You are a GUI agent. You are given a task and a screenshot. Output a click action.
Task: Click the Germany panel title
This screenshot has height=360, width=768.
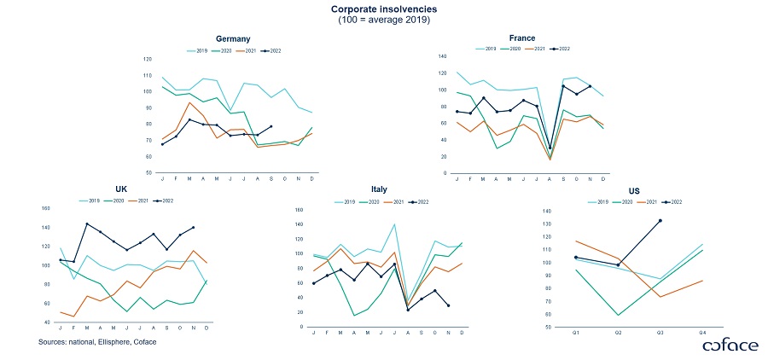tap(232, 39)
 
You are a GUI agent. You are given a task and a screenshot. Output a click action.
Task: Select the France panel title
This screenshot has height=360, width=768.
tap(521, 38)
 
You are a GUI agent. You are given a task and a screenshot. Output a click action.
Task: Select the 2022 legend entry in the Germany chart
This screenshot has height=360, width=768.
tap(272, 50)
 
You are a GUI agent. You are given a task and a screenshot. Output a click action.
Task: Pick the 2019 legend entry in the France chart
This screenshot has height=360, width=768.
tap(487, 49)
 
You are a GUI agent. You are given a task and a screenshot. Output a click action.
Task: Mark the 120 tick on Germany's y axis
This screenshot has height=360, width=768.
tap(148, 59)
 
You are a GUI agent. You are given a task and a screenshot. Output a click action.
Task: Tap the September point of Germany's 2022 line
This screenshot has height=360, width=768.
tap(271, 126)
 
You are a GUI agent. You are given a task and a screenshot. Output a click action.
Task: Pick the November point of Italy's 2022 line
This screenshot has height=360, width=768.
tap(448, 305)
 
